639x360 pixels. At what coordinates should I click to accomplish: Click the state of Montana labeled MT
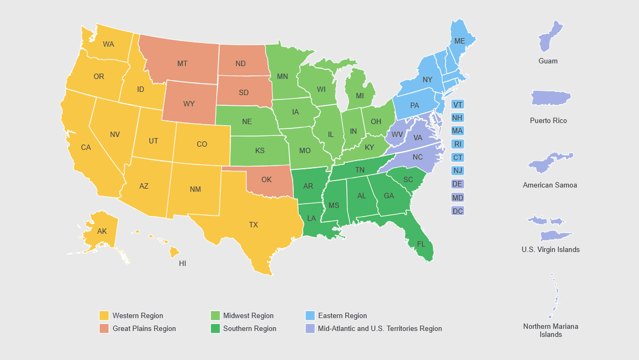click(183, 63)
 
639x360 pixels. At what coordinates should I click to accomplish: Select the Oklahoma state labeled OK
click(266, 180)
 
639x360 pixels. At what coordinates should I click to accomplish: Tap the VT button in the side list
click(458, 105)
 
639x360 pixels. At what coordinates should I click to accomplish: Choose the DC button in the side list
click(458, 211)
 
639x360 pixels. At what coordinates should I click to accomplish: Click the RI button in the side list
click(458, 144)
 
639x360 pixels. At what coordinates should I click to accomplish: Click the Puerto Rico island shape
click(550, 98)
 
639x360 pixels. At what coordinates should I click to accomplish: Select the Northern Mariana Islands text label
click(550, 330)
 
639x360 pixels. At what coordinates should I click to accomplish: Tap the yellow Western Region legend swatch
click(104, 315)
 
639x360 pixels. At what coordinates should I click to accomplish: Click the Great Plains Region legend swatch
click(104, 328)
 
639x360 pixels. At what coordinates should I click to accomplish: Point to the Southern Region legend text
click(250, 328)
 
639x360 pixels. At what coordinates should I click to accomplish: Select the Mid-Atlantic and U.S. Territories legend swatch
click(310, 328)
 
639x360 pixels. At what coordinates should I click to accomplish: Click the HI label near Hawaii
click(183, 264)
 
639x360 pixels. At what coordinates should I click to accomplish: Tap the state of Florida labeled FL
click(421, 244)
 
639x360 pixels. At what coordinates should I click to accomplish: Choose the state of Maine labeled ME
click(460, 41)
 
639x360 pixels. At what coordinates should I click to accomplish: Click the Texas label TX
click(253, 225)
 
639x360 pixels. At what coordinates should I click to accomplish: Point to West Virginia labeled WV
click(397, 134)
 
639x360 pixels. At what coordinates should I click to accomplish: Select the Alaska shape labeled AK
click(102, 232)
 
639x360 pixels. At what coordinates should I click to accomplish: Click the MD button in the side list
click(458, 198)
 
